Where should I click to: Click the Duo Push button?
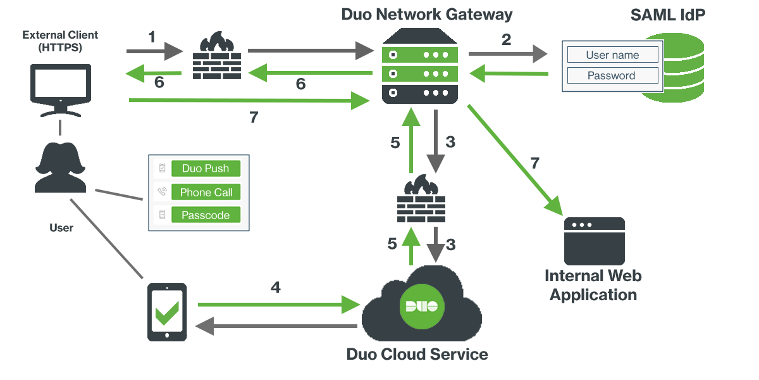pos(206,168)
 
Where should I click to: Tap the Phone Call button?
pos(206,193)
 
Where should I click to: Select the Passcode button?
pos(206,215)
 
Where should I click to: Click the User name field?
pos(612,55)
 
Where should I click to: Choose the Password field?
pos(612,76)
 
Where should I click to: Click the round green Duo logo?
pos(422,307)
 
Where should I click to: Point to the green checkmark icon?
pos(167,313)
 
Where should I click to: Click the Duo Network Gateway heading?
pos(427,15)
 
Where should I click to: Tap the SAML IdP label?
pos(667,15)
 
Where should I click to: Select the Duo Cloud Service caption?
pos(417,354)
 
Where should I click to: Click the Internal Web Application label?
pos(593,286)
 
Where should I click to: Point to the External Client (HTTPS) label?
pos(60,41)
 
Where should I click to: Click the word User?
pos(61,227)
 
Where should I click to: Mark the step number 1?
pos(152,37)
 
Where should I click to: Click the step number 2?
pos(506,40)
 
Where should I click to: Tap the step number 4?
pos(275,288)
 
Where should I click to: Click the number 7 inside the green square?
pos(534,163)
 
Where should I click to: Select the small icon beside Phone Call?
pos(163,192)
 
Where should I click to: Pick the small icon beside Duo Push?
pos(163,168)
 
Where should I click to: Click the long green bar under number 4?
pos(279,305)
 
